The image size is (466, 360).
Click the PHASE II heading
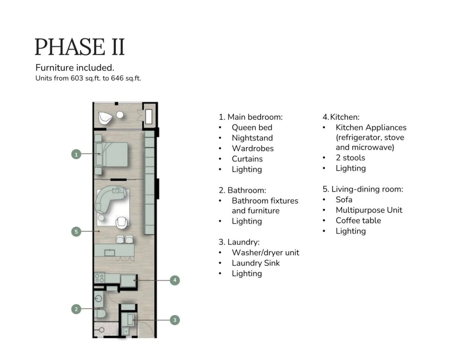[80, 47]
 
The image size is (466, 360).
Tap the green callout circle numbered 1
[76, 154]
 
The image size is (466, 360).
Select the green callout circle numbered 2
[76, 309]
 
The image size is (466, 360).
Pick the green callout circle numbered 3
[175, 320]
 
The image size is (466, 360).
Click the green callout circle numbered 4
[175, 280]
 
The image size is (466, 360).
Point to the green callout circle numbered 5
[76, 232]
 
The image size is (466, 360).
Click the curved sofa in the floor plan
[109, 198]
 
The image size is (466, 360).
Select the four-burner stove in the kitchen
[99, 278]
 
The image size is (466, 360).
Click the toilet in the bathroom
[100, 314]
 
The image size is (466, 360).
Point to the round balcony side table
[120, 115]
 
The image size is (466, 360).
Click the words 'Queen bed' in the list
[252, 127]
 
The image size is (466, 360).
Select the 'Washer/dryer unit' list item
[265, 252]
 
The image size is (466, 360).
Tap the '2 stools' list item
[351, 158]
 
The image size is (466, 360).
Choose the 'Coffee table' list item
[358, 221]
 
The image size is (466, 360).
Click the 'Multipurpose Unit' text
[369, 210]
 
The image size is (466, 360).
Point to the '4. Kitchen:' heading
[341, 117]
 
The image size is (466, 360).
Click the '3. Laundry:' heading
[239, 242]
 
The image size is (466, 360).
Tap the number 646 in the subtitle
[117, 78]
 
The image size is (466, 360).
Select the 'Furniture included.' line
[75, 68]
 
